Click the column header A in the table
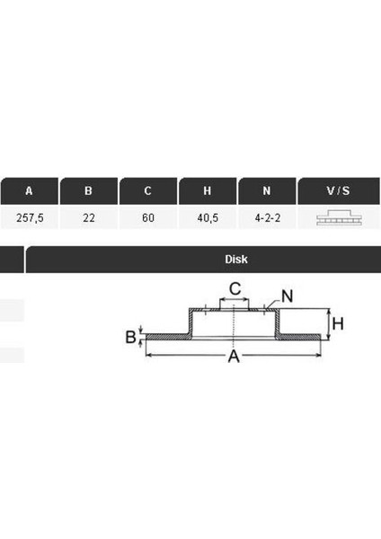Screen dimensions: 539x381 click(30, 190)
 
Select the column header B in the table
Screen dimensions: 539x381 click(88, 190)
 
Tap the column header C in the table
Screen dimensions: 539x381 click(147, 190)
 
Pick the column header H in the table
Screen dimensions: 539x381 click(208, 190)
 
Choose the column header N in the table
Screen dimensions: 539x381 click(267, 190)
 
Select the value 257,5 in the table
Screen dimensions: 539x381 click(30, 217)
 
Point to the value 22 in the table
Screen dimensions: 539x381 click(88, 217)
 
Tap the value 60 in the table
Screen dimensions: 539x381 click(147, 217)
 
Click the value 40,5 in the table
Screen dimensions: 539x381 click(208, 217)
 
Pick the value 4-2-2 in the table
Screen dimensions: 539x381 click(267, 217)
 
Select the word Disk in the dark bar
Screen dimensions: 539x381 click(236, 260)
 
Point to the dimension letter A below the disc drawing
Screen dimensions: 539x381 click(234, 358)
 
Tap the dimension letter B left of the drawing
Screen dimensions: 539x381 click(130, 338)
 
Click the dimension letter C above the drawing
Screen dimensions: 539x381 click(234, 289)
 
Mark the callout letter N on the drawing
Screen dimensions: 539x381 click(287, 296)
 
